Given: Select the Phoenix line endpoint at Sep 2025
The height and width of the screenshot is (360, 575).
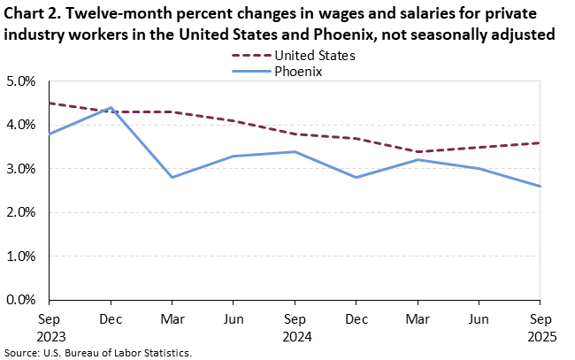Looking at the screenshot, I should (540, 187).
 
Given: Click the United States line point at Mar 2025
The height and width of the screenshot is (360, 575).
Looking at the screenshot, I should (417, 151).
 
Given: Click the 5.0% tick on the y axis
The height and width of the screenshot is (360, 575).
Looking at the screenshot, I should (22, 81).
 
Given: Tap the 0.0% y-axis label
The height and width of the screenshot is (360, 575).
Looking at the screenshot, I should (22, 301).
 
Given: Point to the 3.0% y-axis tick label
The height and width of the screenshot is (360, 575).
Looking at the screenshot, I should (22, 169).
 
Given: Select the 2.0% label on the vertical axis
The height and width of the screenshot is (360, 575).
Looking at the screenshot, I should (22, 213).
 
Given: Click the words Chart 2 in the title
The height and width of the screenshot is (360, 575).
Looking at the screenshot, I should (33, 14).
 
